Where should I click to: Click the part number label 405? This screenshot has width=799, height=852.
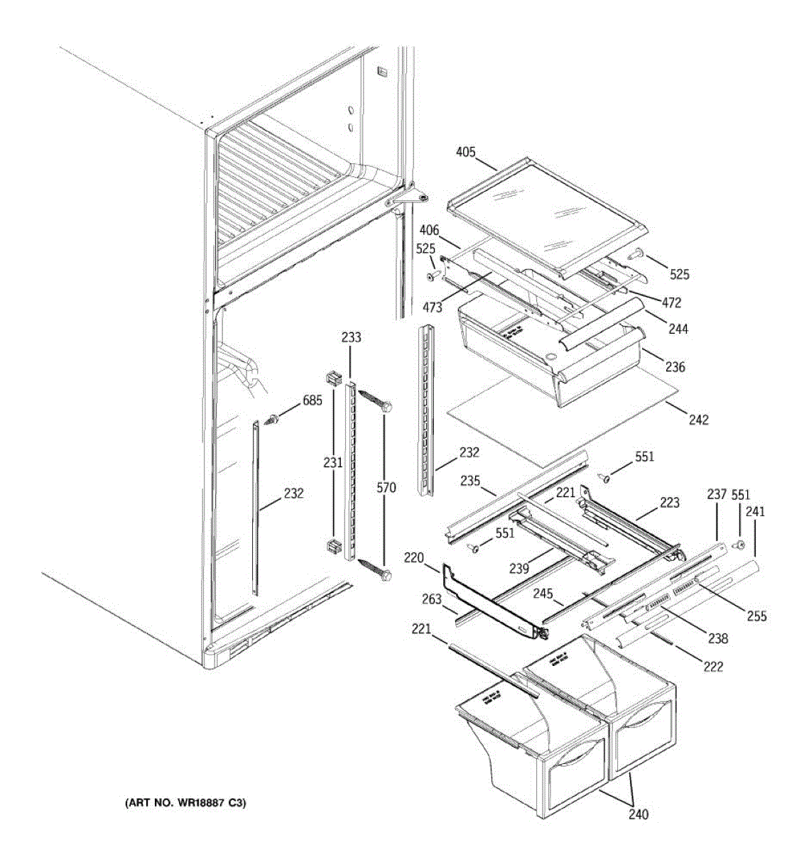point(466,152)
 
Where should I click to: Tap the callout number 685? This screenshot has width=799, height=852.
point(312,400)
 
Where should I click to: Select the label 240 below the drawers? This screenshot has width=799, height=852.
point(638,814)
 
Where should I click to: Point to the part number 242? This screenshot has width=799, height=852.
point(698,420)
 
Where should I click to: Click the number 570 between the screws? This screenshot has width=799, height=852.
point(387,488)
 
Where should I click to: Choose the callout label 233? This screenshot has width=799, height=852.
point(351,338)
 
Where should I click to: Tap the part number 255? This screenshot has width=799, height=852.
point(756,616)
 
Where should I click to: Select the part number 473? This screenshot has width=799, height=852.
point(432,307)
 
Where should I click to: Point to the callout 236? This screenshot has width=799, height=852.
point(675,367)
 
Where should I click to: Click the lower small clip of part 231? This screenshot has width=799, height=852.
point(331,547)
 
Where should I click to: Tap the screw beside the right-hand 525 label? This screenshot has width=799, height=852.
point(637,253)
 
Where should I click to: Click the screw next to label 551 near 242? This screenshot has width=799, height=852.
point(606,479)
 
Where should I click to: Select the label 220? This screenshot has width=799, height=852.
point(415,558)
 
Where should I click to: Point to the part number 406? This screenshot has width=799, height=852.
point(429,230)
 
